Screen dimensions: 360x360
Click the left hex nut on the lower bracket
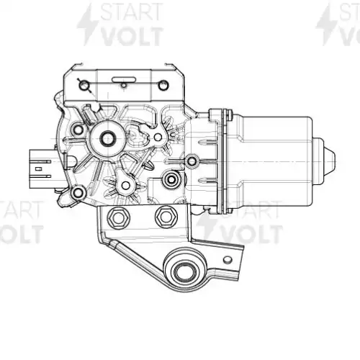[x=119, y=217]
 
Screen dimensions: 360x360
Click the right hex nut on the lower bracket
[x=166, y=217]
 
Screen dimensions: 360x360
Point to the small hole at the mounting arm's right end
[x=228, y=260]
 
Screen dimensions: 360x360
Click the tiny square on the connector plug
[x=38, y=169]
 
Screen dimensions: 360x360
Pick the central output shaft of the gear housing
[x=107, y=138]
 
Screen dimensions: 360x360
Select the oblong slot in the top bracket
[x=124, y=79]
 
